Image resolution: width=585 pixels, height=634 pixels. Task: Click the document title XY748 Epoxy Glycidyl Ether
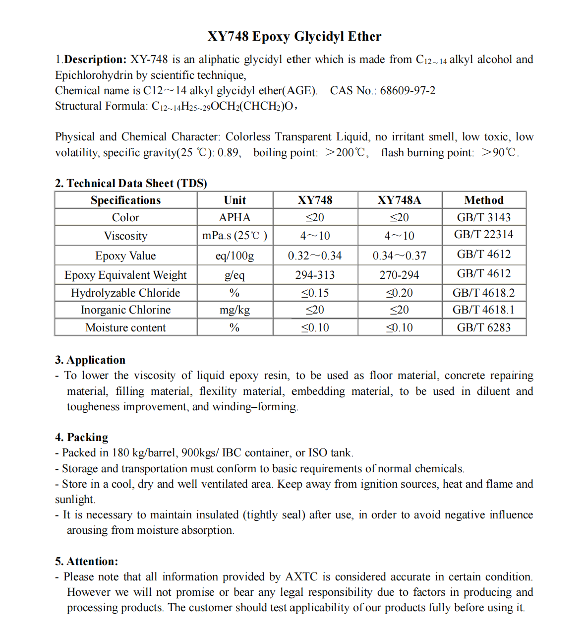(294, 36)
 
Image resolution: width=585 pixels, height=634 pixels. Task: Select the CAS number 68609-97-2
(408, 91)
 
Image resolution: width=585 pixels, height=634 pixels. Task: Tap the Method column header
(484, 200)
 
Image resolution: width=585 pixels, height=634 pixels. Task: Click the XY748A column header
(399, 200)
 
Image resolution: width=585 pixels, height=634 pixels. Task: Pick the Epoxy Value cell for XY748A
(399, 255)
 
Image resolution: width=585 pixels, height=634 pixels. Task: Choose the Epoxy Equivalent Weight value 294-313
(315, 275)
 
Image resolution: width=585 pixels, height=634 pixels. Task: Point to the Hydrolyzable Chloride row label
(125, 293)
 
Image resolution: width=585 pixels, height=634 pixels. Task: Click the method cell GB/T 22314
(484, 235)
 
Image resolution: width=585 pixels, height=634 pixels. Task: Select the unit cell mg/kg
(234, 310)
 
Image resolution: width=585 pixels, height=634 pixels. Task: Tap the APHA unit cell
(234, 217)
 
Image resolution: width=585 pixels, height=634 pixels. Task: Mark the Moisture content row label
(125, 327)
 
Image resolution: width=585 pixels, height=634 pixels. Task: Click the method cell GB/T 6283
(484, 327)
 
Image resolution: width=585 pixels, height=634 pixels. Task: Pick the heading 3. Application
(90, 360)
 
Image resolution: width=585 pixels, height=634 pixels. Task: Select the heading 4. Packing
(82, 437)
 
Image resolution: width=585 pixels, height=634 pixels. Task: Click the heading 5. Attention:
(87, 561)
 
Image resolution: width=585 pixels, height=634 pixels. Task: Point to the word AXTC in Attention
(301, 576)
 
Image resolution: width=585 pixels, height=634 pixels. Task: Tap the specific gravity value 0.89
(228, 153)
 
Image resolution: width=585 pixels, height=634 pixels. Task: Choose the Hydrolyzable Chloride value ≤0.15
(315, 293)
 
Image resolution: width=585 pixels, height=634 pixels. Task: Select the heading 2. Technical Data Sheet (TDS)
(131, 183)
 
